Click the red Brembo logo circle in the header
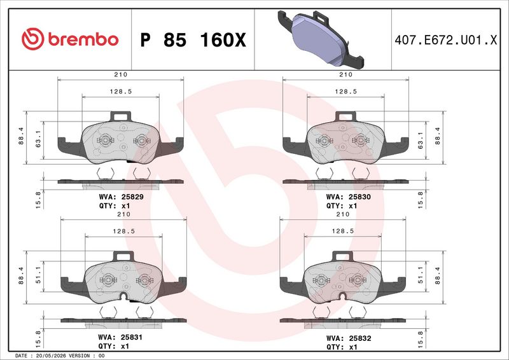(33, 39)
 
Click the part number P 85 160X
(193, 40)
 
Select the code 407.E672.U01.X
(446, 40)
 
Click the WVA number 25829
(132, 197)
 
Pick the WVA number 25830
(359, 197)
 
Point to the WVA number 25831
(132, 337)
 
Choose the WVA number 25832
(360, 338)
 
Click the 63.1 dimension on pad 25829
(38, 139)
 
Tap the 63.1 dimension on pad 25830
(421, 140)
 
